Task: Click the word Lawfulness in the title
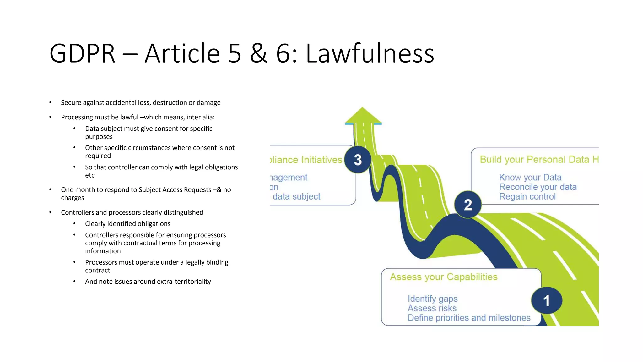(x=370, y=53)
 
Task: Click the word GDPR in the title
(x=82, y=53)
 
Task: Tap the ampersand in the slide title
(x=259, y=53)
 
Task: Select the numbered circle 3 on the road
(x=358, y=160)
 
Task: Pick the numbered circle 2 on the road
(x=468, y=205)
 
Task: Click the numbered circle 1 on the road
(x=547, y=300)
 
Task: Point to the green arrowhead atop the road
(x=363, y=116)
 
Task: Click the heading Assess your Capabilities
(x=444, y=277)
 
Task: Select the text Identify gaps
(x=432, y=299)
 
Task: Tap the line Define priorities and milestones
(x=469, y=318)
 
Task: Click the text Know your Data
(x=530, y=177)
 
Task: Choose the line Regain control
(x=527, y=196)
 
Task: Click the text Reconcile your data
(x=538, y=187)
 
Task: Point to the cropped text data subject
(x=296, y=196)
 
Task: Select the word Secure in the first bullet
(x=71, y=103)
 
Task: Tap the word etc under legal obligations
(x=89, y=175)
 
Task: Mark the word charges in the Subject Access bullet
(x=73, y=198)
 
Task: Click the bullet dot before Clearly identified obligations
(x=74, y=223)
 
